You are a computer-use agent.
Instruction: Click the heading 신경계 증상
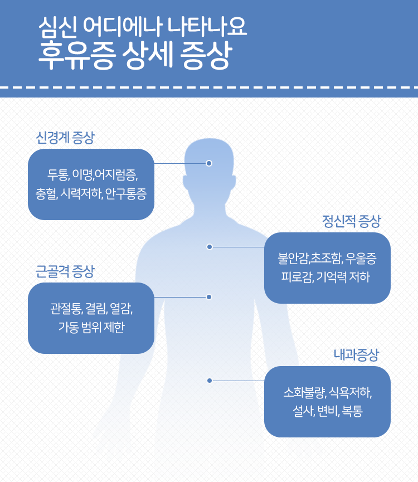(x=65, y=138)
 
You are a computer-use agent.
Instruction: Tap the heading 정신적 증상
(x=351, y=221)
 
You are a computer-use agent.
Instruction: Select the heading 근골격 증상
(x=65, y=271)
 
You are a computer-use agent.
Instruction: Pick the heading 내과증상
(x=356, y=355)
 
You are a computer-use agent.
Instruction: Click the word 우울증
(x=361, y=259)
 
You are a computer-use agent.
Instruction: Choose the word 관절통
(x=65, y=309)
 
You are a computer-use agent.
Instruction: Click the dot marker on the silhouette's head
(x=209, y=163)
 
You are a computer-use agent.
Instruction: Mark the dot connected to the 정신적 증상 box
(x=210, y=247)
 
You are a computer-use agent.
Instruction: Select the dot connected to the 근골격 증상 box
(x=209, y=297)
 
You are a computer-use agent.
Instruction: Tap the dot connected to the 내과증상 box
(x=210, y=381)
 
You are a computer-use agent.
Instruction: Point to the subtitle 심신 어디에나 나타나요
(x=143, y=26)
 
